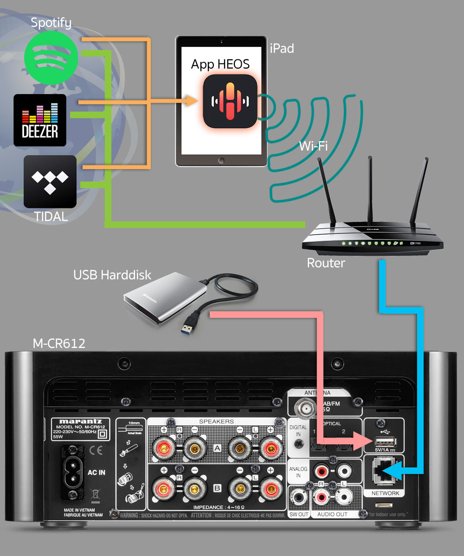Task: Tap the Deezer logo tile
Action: tap(40, 120)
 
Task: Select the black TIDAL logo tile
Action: tap(50, 182)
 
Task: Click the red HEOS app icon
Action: tap(230, 101)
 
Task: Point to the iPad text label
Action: tap(282, 48)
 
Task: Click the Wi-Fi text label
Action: tap(313, 147)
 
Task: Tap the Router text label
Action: tap(326, 263)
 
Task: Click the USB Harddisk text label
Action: tap(112, 275)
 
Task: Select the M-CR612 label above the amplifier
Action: tap(59, 344)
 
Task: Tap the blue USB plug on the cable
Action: tap(190, 322)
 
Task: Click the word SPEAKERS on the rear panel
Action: tap(216, 422)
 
